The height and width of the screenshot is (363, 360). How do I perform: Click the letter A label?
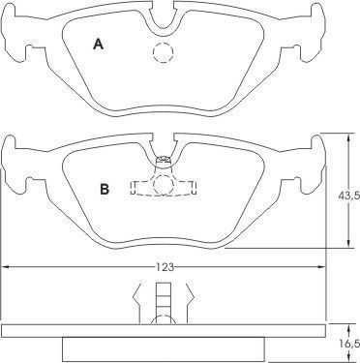click(x=98, y=44)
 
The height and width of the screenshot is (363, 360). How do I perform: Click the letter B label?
click(x=105, y=189)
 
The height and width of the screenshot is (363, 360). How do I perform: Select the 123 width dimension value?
click(x=165, y=267)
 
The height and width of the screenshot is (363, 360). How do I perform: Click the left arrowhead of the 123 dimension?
click(x=7, y=267)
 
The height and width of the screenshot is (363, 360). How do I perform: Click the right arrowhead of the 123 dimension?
click(x=320, y=267)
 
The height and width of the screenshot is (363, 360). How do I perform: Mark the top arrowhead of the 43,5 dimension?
click(x=348, y=138)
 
